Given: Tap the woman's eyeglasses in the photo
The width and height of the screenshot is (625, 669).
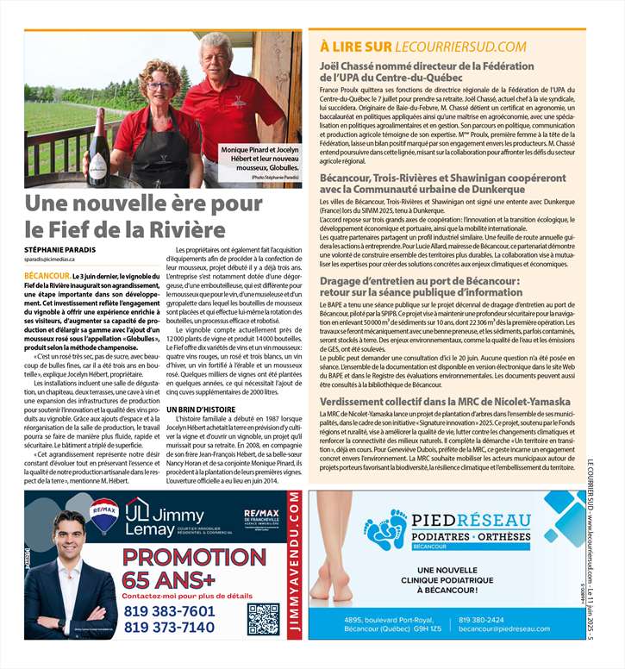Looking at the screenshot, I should tap(159, 86).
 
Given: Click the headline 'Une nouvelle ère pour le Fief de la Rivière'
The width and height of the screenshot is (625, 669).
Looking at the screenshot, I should tap(126, 217).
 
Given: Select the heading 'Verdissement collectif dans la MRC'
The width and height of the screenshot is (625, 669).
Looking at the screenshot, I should tap(445, 402).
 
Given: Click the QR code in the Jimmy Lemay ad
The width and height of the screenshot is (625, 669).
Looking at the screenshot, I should tap(263, 618).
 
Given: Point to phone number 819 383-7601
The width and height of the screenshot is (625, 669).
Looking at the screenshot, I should tap(169, 610).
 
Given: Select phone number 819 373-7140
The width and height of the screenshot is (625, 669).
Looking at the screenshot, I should tap(169, 627).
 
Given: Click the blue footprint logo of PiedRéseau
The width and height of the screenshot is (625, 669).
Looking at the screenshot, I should tap(385, 534).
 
